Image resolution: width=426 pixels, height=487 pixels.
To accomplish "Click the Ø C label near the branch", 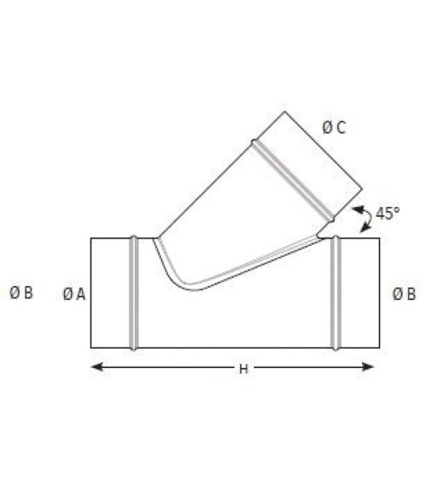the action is (x=334, y=128).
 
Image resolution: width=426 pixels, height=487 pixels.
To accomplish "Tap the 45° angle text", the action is (x=388, y=213).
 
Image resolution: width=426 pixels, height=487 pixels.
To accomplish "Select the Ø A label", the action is (x=74, y=294).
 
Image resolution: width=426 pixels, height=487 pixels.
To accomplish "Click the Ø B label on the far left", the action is (x=21, y=293).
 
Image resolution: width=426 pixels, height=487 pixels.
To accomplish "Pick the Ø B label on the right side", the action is (x=404, y=294).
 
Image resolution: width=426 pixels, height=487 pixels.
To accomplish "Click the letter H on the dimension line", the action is (x=243, y=369).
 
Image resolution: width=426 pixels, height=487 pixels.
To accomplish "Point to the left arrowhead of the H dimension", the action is (x=97, y=366).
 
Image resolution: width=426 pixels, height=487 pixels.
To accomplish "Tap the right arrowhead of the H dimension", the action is (x=369, y=367).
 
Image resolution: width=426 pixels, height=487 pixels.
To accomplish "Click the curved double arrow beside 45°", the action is (x=366, y=219).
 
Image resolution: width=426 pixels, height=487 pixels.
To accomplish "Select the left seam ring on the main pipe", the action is (x=134, y=293).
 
